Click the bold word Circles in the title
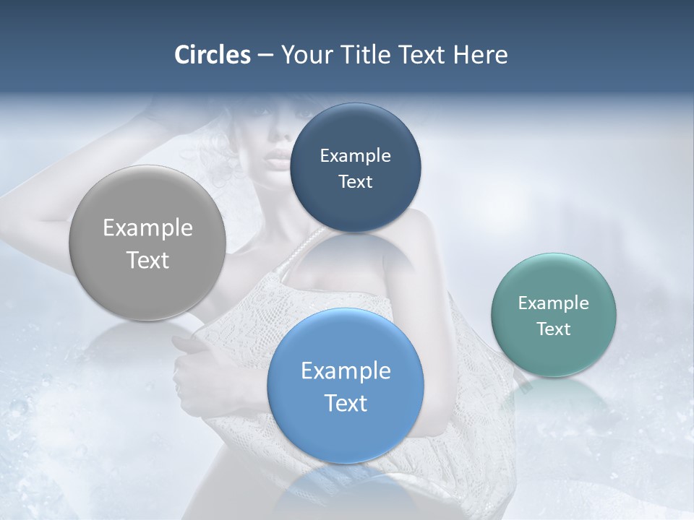coord(213,55)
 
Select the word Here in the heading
coord(481,55)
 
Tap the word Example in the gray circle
coord(147,228)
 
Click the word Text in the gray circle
coord(147,260)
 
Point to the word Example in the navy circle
coord(355,156)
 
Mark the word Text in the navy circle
coord(355,182)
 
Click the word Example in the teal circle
coord(553,303)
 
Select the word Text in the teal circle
coord(553,329)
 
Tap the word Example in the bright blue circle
coord(346,371)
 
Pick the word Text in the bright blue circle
coord(346,403)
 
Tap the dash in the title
coord(265,56)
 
